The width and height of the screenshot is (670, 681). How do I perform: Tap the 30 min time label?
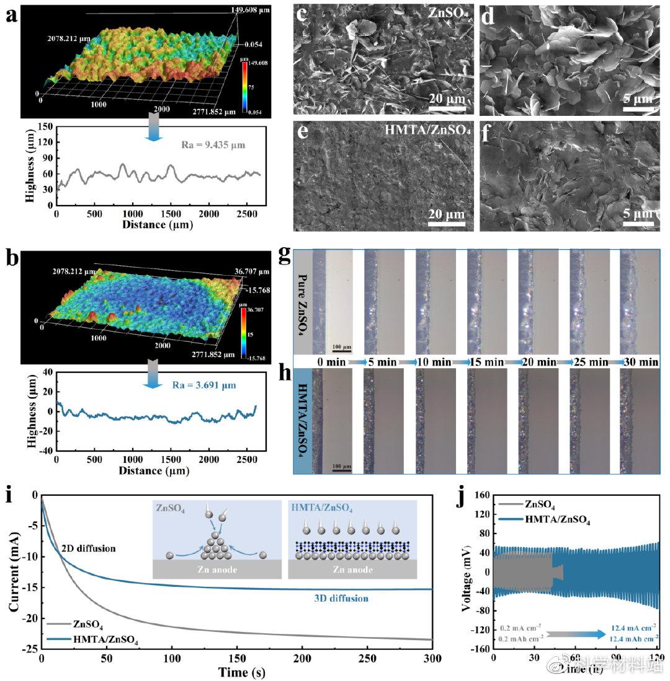click(640, 361)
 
